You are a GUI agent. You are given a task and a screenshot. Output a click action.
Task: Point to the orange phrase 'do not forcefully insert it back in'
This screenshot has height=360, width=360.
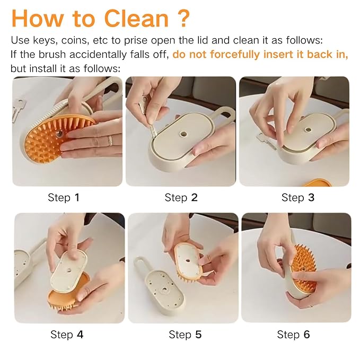(x=260, y=55)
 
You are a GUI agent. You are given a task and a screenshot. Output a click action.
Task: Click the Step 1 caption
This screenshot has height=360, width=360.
(x=63, y=198)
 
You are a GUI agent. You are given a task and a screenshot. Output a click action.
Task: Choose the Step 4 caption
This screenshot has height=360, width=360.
(x=67, y=335)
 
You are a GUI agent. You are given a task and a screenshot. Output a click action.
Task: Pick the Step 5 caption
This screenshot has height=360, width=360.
(x=185, y=335)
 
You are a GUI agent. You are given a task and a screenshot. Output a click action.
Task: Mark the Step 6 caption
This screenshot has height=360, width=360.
(x=293, y=335)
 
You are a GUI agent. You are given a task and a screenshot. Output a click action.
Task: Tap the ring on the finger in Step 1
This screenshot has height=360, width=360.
(x=110, y=140)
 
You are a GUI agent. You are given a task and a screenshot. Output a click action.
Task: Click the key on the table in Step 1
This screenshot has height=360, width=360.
(x=18, y=109)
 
